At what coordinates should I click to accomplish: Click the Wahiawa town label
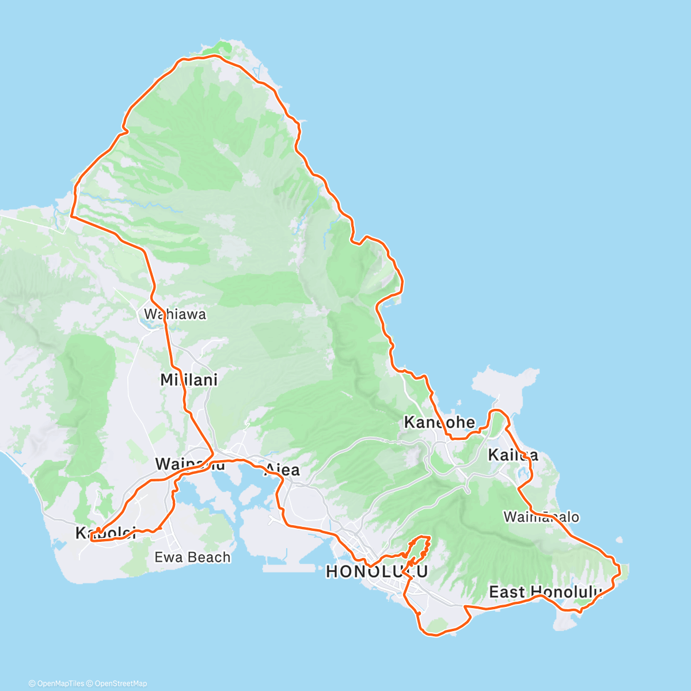click(x=174, y=314)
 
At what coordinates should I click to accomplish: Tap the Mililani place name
click(x=189, y=380)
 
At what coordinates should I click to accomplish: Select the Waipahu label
click(x=189, y=464)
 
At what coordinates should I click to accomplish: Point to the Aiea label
click(x=282, y=470)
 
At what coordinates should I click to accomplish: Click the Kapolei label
click(x=106, y=533)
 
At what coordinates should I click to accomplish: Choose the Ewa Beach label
click(x=192, y=557)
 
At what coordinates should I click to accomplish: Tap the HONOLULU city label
click(x=377, y=572)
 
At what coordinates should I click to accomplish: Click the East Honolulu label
click(x=545, y=592)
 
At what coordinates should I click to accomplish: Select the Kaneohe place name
click(x=439, y=423)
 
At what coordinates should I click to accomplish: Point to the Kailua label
click(x=512, y=455)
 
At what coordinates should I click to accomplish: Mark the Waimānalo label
click(x=541, y=517)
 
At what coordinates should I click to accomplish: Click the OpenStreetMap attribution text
click(x=118, y=684)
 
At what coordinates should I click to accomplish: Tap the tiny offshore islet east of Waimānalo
click(x=619, y=540)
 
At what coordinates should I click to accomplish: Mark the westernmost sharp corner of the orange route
click(x=71, y=217)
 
